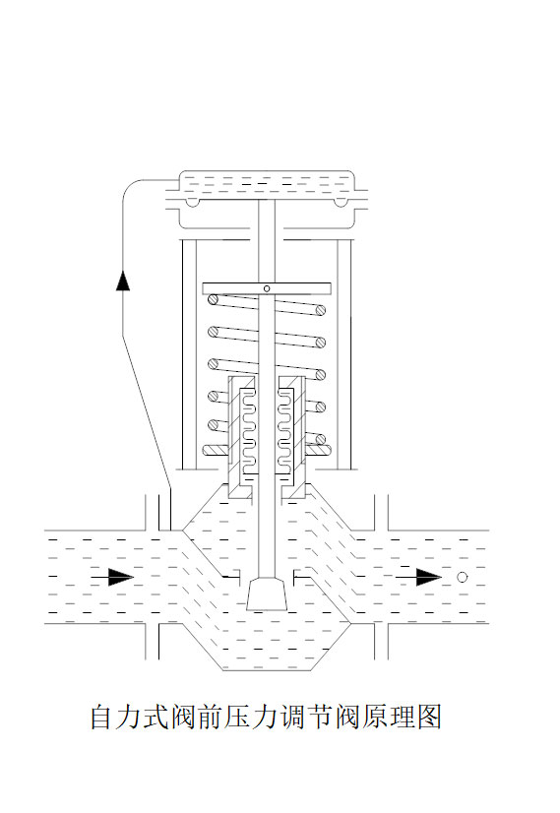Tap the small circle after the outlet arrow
point(462,577)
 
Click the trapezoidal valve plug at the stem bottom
point(267,594)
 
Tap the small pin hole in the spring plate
point(267,288)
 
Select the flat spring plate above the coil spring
point(267,288)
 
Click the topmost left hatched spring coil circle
point(213,299)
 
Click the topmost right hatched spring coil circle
point(321,310)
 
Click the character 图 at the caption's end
point(428,717)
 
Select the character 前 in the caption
point(212,717)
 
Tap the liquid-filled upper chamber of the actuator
point(267,183)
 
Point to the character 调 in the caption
point(293,717)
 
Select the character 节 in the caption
point(320,717)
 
